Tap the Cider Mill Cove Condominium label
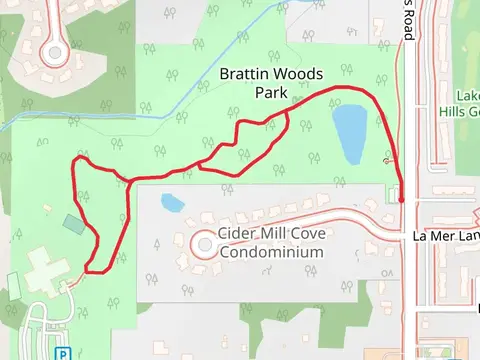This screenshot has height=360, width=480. (270, 244)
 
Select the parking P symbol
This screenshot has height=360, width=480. (63, 353)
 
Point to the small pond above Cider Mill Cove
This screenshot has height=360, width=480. (172, 203)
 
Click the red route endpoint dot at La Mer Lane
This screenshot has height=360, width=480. (401, 200)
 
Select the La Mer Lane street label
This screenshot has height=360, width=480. (446, 236)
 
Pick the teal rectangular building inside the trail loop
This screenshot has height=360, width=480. (72, 222)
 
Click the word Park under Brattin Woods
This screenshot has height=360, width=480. (270, 93)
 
